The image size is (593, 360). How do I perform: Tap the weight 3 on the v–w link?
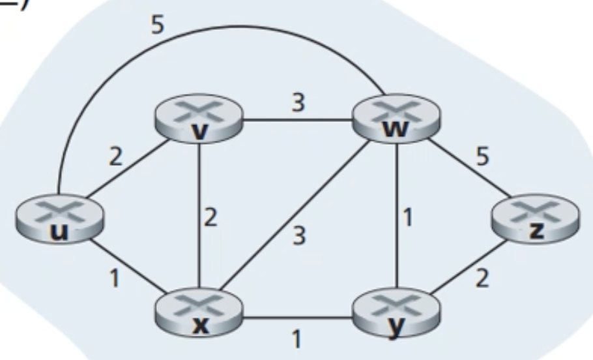point(297,103)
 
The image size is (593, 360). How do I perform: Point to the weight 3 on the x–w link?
point(298,235)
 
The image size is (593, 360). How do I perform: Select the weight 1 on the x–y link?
point(296,339)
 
